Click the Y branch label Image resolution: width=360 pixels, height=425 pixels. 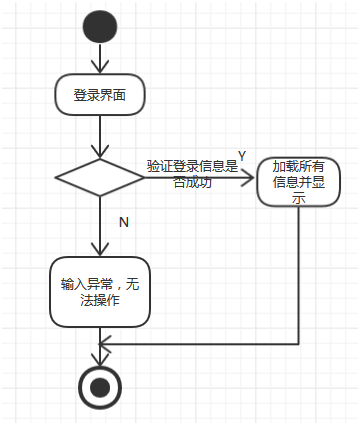tap(241, 156)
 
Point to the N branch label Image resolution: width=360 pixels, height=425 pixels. tap(123, 222)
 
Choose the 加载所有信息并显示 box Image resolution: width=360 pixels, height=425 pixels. tap(298, 181)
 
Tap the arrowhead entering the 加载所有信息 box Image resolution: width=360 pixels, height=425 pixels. tap(250, 178)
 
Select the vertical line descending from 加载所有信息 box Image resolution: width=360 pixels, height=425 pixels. tap(298, 270)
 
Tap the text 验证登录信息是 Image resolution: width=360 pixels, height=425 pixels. tap(193, 166)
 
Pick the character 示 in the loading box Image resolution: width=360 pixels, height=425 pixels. tap(298, 198)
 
